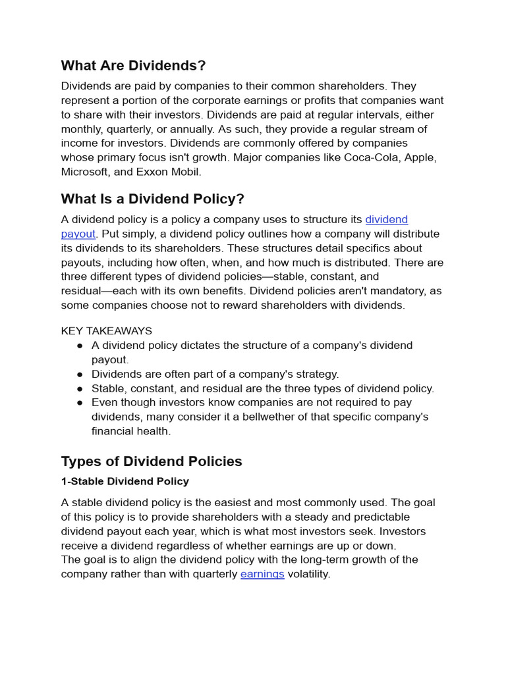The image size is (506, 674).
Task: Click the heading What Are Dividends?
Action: [x=133, y=65]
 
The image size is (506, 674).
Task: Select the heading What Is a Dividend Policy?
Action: [x=152, y=199]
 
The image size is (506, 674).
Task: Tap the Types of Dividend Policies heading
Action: [x=152, y=461]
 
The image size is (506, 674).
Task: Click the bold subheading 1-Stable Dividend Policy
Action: [x=125, y=481]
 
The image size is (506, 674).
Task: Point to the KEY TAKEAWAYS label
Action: [x=106, y=330]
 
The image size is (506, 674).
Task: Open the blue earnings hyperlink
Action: [x=262, y=574]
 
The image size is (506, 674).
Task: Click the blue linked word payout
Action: [x=78, y=234]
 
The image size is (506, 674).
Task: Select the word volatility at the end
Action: [x=308, y=574]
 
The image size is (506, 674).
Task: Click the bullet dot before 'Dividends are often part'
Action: [x=80, y=374]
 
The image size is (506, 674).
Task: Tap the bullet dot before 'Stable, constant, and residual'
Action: [x=80, y=388]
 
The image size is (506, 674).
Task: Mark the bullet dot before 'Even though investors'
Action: [x=80, y=402]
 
